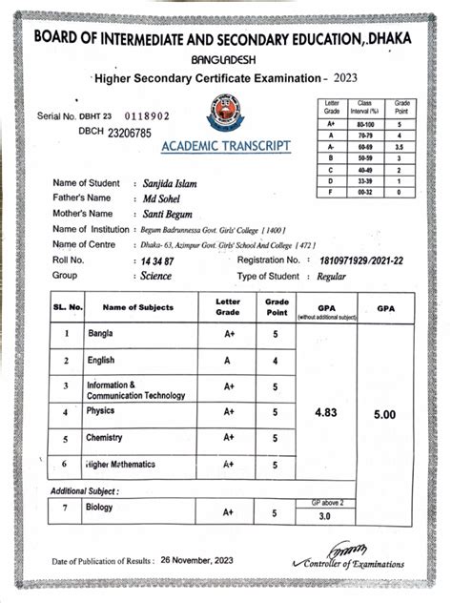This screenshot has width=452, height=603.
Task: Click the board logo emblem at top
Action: pos(224,112)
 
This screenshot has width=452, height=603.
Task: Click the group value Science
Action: pos(155,276)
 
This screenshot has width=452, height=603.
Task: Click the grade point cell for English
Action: pos(276,362)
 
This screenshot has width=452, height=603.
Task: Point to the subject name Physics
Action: pos(100,411)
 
